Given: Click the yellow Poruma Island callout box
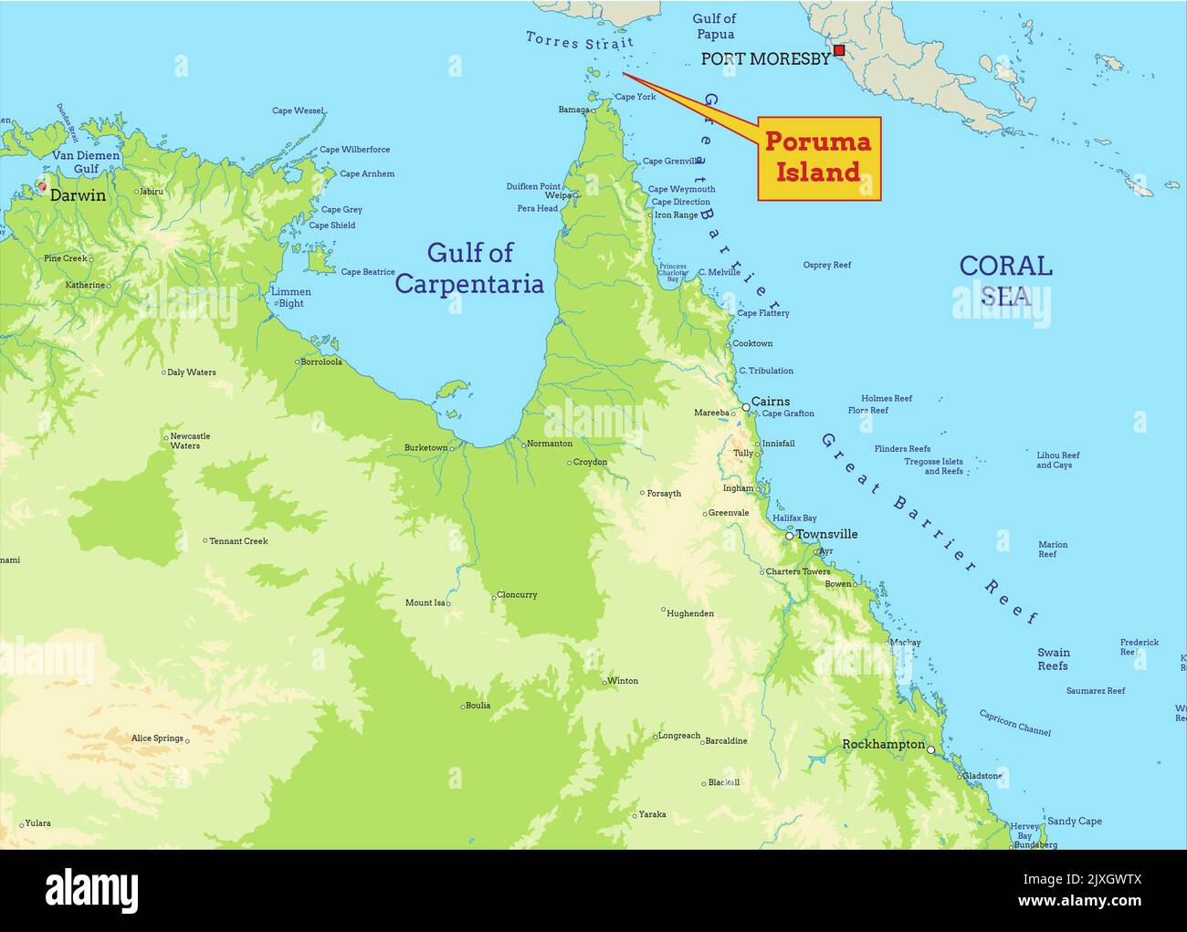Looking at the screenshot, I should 819,158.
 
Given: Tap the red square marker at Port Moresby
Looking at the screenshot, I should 839,50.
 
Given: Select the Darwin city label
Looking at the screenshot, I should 78,195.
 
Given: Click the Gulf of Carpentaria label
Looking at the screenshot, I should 469,267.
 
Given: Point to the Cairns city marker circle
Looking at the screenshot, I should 745,406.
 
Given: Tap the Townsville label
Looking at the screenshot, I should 826,534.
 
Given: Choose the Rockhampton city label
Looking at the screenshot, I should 883,744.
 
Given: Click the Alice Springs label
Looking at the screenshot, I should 156,738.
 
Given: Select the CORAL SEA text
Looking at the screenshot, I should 1005,279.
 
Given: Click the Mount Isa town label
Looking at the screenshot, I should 425,602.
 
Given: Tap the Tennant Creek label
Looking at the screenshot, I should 238,541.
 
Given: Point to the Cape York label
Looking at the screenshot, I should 636,97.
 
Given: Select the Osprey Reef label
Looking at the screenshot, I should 826,265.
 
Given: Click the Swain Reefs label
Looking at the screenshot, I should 1053,659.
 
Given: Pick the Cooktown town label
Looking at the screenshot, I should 752,343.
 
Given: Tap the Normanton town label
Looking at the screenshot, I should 550,444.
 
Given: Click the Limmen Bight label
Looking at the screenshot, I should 290,298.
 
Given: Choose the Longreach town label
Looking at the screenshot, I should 679,736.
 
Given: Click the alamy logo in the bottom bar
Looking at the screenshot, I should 92,890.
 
